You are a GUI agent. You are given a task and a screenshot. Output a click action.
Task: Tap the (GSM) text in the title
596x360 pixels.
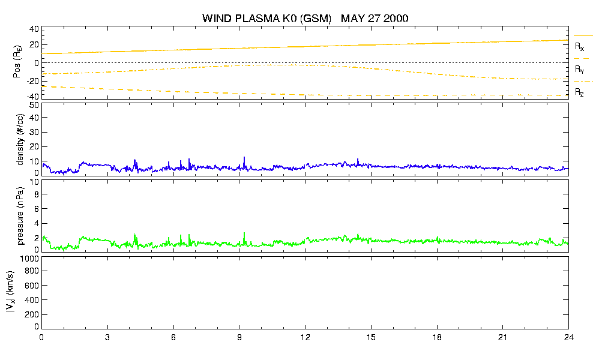[316, 19]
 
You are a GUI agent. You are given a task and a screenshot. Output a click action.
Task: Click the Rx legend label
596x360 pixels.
[579, 47]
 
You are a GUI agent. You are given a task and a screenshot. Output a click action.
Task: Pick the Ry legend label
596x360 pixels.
[579, 69]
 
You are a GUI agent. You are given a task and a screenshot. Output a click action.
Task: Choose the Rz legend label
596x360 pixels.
[579, 92]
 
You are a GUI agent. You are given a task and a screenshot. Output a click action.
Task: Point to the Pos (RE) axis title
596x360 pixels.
[17, 62]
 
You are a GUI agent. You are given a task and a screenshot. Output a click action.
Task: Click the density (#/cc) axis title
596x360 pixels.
[20, 139]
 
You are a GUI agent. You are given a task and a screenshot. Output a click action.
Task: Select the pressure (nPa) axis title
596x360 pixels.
[20, 216]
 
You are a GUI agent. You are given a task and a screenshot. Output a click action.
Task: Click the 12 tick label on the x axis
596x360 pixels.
[305, 337]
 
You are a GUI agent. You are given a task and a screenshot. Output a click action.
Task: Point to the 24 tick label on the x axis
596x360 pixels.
[568, 337]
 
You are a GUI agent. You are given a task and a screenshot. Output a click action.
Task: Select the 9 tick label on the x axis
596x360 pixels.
[239, 337]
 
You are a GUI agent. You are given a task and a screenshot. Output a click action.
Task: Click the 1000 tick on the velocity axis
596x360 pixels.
[29, 259]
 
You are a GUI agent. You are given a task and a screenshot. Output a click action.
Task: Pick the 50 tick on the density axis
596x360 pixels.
[34, 105]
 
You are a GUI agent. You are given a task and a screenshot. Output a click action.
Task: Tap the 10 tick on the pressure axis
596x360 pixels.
[34, 182]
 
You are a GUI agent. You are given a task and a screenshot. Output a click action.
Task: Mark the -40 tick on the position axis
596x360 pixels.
[32, 97]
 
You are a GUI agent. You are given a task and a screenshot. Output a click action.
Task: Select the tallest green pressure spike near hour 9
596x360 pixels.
[244, 238]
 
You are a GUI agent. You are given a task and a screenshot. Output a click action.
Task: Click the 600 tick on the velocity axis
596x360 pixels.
[32, 286]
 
